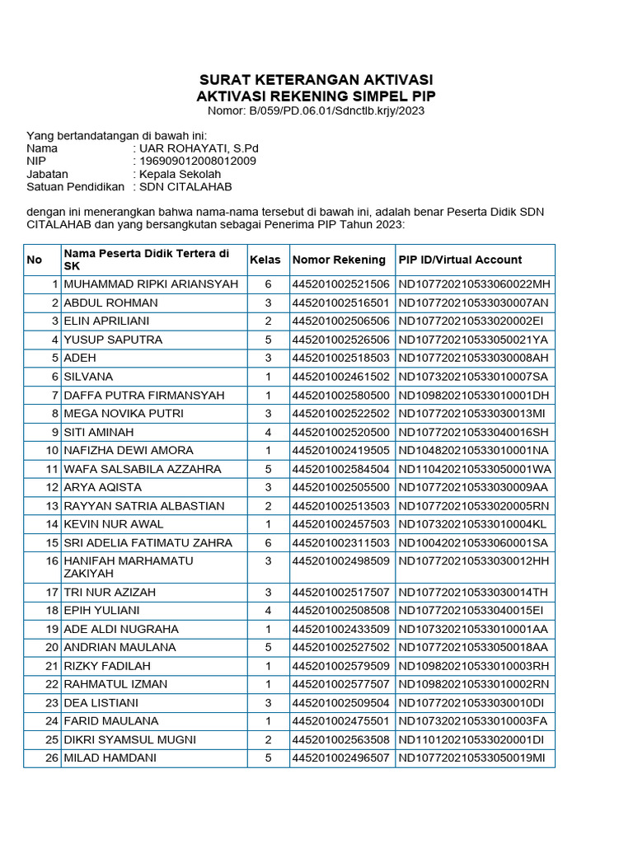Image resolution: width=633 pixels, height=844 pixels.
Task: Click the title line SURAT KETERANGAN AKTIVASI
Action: pos(316,80)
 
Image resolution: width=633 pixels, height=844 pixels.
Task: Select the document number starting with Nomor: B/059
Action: pos(316,110)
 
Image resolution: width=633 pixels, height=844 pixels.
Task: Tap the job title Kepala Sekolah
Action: pos(181,175)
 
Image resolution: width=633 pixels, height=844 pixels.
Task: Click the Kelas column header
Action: pos(265,260)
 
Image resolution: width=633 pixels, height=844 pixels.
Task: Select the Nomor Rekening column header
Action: pos(339,260)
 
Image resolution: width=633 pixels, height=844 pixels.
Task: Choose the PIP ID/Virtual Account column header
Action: pos(460,260)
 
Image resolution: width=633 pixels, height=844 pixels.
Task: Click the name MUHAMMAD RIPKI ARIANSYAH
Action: pos(151,284)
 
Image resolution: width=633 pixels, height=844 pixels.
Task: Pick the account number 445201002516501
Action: pos(340,302)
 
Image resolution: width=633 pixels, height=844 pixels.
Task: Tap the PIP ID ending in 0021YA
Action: pos(474,340)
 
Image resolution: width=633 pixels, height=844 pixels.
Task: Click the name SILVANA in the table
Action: pos(88,377)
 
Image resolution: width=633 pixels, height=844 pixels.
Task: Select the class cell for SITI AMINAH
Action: pos(267,432)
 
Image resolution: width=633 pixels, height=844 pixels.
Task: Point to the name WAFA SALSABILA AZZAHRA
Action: pos(143,469)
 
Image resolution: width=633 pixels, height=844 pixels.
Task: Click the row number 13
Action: pos(52,506)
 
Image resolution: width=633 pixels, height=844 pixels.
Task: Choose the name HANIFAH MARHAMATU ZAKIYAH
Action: pos(129,567)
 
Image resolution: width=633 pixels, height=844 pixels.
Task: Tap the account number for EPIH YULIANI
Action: pos(340,611)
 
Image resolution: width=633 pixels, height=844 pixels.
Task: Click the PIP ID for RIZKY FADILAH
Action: pos(474,666)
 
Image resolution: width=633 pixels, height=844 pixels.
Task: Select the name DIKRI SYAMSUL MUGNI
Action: pos(130,739)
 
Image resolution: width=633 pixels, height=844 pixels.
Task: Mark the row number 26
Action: pos(52,758)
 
